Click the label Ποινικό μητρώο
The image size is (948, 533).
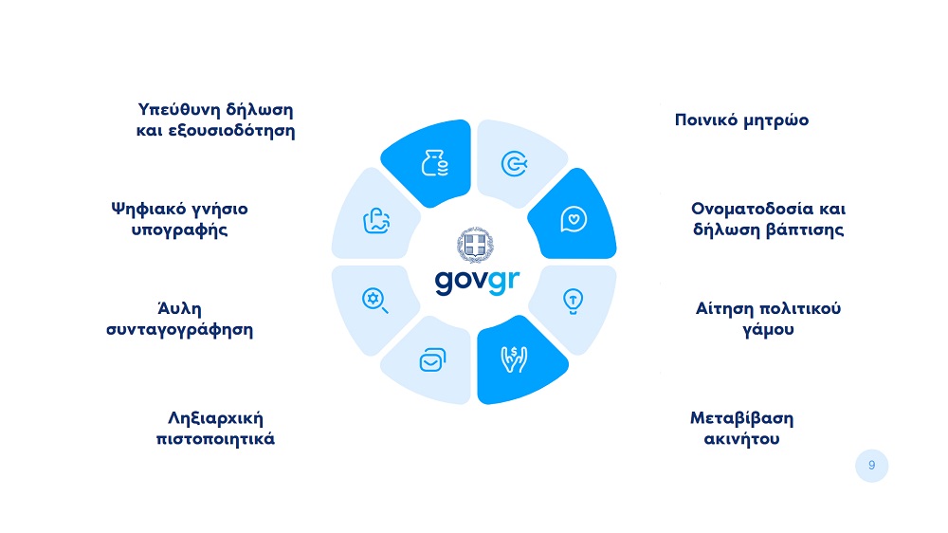(x=741, y=120)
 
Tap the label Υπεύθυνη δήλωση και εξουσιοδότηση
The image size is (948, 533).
(x=215, y=120)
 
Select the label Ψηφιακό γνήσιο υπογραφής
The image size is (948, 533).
(x=179, y=220)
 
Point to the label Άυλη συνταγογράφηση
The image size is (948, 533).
(x=179, y=319)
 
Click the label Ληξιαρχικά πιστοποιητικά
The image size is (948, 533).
(x=215, y=429)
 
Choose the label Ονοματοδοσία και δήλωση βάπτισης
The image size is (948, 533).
(x=769, y=219)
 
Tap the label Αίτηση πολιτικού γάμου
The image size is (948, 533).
(x=768, y=319)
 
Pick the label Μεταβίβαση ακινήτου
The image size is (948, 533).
(x=742, y=429)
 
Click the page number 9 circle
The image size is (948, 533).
(x=872, y=466)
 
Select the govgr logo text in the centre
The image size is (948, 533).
(x=477, y=282)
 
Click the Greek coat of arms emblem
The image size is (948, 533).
(x=475, y=245)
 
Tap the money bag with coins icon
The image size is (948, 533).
(x=435, y=163)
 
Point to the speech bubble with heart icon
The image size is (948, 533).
(x=574, y=219)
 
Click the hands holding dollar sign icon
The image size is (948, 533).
(x=514, y=358)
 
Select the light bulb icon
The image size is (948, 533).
(x=573, y=302)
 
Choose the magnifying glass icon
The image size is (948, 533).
(x=374, y=301)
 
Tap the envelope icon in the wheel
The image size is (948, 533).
(x=433, y=360)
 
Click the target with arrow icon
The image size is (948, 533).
(x=515, y=163)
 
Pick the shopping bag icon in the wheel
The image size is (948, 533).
(x=376, y=221)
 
